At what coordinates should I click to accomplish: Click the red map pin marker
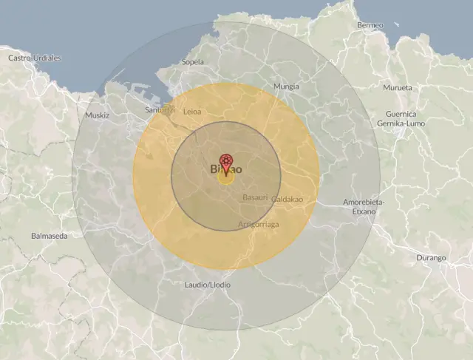pyautogui.click(x=225, y=163)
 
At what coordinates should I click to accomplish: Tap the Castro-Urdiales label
pyautogui.click(x=34, y=58)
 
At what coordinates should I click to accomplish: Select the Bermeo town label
pyautogui.click(x=370, y=25)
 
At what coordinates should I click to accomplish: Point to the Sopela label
pyautogui.click(x=192, y=62)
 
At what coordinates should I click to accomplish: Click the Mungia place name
pyautogui.click(x=286, y=86)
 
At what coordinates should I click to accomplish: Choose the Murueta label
pyautogui.click(x=397, y=88)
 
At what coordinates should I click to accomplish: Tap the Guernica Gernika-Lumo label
pyautogui.click(x=401, y=118)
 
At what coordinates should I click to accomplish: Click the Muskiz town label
pyautogui.click(x=97, y=116)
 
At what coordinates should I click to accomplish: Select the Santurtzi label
pyautogui.click(x=160, y=110)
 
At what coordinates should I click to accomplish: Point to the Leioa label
pyautogui.click(x=191, y=112)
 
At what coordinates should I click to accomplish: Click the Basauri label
pyautogui.click(x=255, y=197)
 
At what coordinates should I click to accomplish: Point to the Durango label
pyautogui.click(x=432, y=258)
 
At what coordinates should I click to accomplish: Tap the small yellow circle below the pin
pyautogui.click(x=225, y=177)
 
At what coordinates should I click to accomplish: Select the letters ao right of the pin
pyautogui.click(x=236, y=169)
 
